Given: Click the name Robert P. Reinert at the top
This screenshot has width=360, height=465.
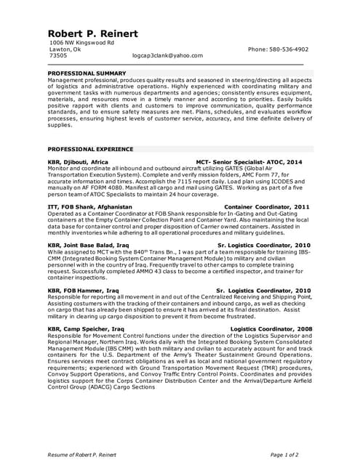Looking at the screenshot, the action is tap(92, 34).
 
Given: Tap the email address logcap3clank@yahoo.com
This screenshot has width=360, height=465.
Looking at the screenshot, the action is tap(167, 55).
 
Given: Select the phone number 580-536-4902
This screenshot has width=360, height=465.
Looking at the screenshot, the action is tap(278, 49).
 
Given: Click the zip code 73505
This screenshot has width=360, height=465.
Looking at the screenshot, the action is tap(57, 55).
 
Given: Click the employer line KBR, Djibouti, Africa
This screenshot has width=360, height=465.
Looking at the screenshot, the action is tap(78, 162).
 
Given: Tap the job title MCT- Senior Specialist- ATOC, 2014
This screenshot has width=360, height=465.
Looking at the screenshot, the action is tap(249, 162).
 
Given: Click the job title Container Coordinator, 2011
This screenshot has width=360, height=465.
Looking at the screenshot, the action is tap(267, 206).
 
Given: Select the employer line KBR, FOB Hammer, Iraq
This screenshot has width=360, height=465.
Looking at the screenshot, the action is tap(83, 290).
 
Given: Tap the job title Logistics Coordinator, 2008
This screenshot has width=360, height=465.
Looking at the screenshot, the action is tap(271, 328).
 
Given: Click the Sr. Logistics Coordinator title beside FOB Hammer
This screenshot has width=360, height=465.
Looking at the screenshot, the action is tap(264, 290).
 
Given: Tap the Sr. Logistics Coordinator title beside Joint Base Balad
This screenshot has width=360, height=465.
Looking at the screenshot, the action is tap(264, 246).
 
